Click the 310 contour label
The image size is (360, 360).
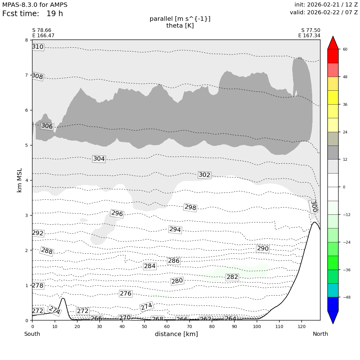pos(38,47)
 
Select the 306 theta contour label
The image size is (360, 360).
pos(47,126)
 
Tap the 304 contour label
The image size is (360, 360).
pos(99,159)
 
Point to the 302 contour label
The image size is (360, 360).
pos(204,175)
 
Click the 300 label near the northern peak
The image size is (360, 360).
pos(314,206)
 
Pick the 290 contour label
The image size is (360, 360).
pos(263,249)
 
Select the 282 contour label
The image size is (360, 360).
pos(232,277)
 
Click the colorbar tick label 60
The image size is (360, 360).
pos(345,49)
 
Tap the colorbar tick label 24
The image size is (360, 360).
pos(345,132)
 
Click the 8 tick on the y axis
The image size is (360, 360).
pos(26,40)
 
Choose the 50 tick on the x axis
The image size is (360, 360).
pos(144,326)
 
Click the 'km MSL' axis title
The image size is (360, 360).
pos(20,180)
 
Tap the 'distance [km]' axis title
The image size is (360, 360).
pos(176,334)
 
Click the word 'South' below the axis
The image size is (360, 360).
pos(32,334)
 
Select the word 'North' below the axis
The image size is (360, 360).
pos(320,334)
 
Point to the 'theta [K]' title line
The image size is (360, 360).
pos(180,26)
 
